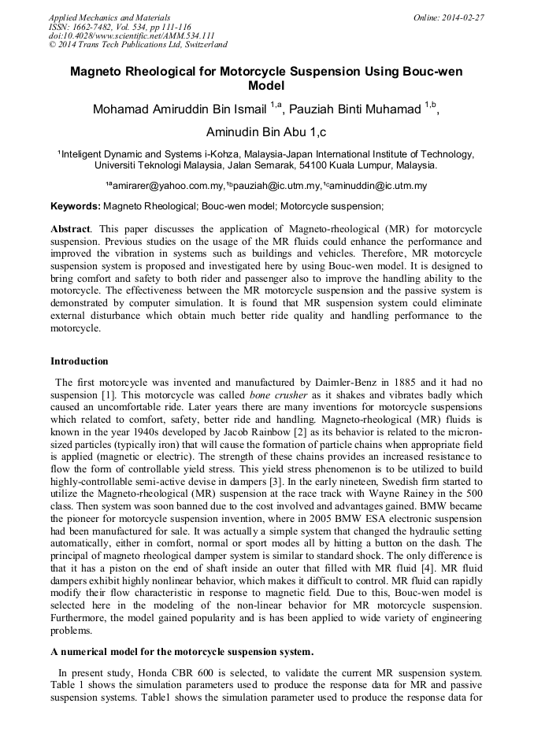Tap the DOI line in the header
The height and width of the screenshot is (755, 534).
click(x=132, y=35)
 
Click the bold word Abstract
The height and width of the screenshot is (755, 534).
click(x=69, y=228)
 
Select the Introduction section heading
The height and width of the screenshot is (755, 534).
click(x=80, y=361)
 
